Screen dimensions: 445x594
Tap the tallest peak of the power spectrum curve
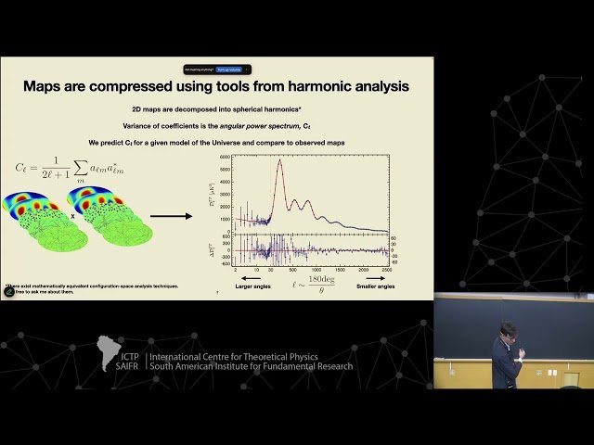pyautogui.click(x=279, y=161)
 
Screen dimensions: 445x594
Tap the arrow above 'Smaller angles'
pyautogui.click(x=374, y=276)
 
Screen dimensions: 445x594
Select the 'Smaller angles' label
pyautogui.click(x=375, y=287)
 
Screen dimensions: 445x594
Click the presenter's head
pyautogui.click(x=507, y=331)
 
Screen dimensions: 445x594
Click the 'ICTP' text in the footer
pyautogui.click(x=128, y=357)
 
